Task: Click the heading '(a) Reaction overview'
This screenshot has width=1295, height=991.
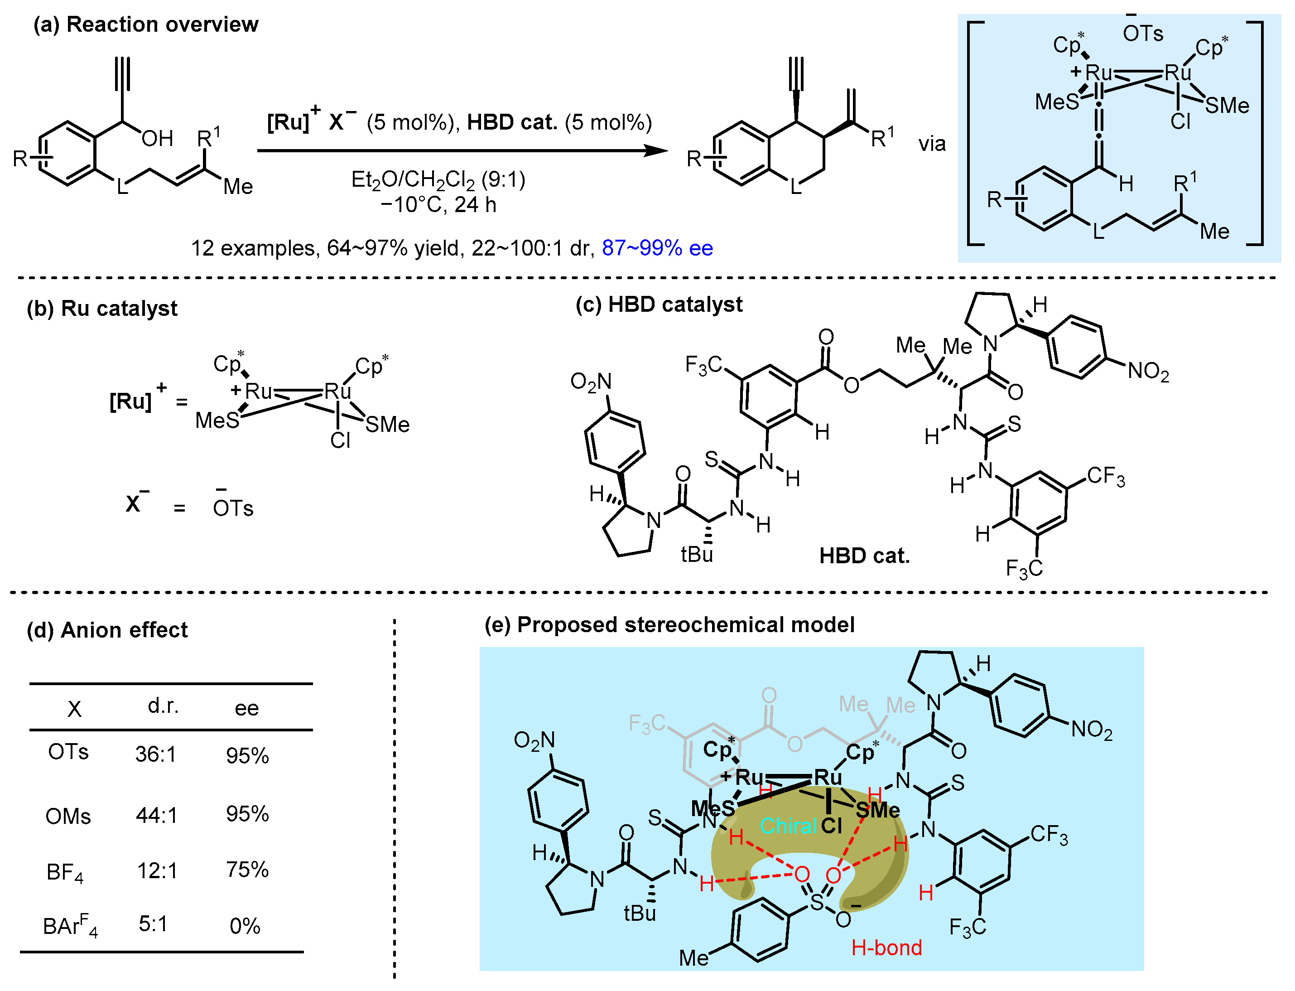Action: pyautogui.click(x=146, y=25)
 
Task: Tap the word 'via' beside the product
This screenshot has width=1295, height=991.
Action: pyautogui.click(x=932, y=144)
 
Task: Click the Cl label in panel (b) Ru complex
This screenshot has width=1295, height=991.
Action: pyautogui.click(x=340, y=440)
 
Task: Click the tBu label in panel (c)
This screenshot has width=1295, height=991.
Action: pyautogui.click(x=697, y=555)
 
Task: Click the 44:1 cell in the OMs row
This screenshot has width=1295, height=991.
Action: pyautogui.click(x=156, y=815)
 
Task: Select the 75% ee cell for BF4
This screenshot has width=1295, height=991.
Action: pyautogui.click(x=247, y=870)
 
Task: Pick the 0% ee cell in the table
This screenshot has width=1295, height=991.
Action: pyautogui.click(x=245, y=926)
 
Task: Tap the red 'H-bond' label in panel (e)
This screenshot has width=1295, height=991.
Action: pyautogui.click(x=886, y=948)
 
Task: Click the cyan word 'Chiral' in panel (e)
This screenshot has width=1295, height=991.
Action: pyautogui.click(x=789, y=826)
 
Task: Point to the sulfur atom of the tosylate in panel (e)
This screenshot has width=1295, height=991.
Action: pyautogui.click(x=817, y=902)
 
